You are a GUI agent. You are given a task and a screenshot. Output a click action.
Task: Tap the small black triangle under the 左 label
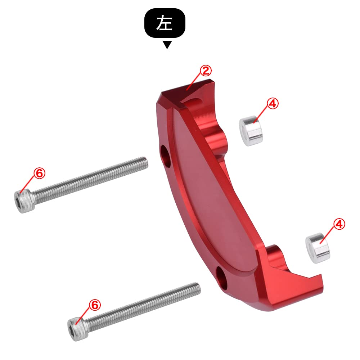(x=167, y=45)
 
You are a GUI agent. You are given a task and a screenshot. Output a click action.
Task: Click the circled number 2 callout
(x=205, y=71)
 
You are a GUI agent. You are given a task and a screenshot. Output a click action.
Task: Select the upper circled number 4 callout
(x=273, y=104)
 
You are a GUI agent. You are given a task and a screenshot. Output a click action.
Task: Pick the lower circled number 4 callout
(x=339, y=224)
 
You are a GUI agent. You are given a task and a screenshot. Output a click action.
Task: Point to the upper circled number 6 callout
(x=39, y=173)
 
